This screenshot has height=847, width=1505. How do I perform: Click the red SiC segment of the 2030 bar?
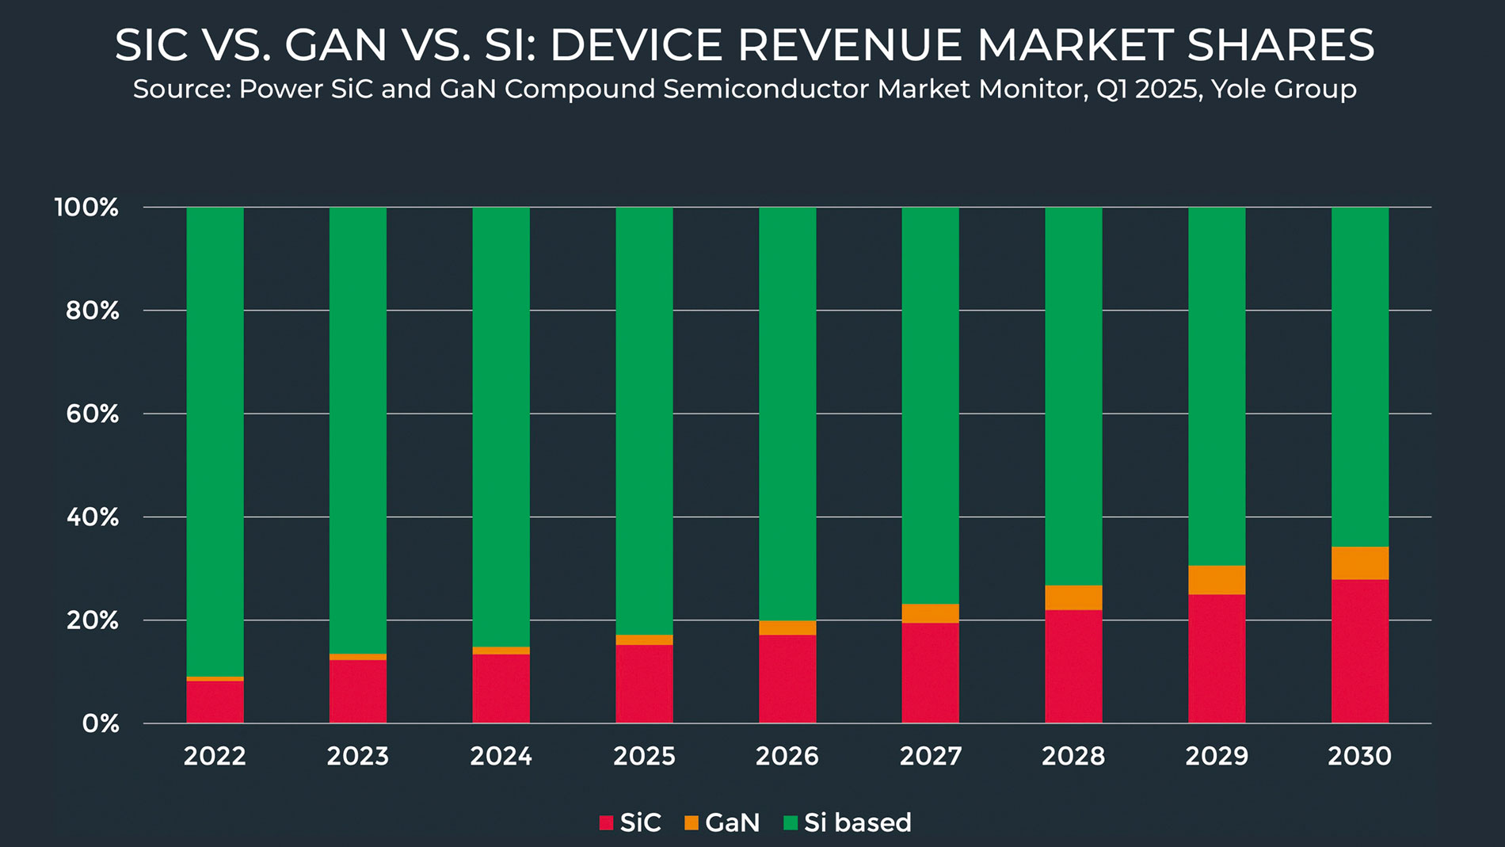(1359, 651)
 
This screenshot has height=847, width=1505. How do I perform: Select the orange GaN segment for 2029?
(1216, 580)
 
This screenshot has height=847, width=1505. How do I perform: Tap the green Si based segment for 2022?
(215, 441)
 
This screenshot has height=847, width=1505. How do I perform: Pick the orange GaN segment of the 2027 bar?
(930, 614)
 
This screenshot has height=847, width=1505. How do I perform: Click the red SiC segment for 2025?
(644, 684)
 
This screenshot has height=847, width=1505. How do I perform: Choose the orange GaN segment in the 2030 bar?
(1359, 563)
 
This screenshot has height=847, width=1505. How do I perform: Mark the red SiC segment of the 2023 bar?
(358, 691)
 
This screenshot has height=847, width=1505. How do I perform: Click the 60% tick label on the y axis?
(92, 414)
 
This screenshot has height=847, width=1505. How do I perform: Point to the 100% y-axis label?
(86, 208)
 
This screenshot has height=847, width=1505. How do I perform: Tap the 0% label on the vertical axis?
(101, 723)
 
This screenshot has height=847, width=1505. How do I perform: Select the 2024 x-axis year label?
(501, 757)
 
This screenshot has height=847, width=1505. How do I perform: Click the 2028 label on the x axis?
(1073, 757)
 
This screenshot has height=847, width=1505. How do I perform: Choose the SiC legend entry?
(640, 823)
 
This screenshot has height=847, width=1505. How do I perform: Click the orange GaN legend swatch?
(692, 823)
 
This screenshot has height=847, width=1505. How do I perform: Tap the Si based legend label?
(857, 823)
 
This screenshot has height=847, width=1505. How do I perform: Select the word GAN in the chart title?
(336, 45)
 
